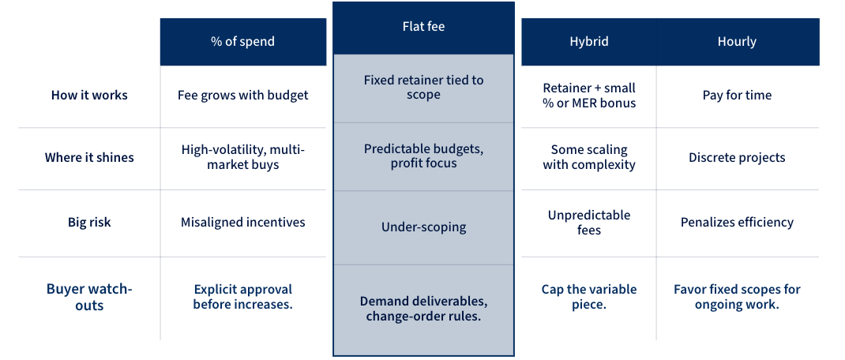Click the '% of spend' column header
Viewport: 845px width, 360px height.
[242, 42]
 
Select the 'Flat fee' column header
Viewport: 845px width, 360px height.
[423, 27]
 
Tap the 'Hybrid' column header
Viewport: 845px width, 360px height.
[589, 42]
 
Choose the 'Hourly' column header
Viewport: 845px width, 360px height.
[737, 42]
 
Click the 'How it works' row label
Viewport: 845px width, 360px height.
[89, 96]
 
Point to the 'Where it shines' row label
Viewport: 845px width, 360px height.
[89, 158]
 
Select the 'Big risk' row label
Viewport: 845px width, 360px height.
[89, 223]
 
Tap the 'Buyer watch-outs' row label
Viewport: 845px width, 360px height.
[89, 297]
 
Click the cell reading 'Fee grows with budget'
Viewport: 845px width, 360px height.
[242, 96]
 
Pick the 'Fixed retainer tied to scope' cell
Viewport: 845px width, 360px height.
[423, 87]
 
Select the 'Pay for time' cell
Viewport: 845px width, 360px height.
[737, 96]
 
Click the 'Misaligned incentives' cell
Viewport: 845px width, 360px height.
[242, 223]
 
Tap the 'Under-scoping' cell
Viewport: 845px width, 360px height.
[423, 227]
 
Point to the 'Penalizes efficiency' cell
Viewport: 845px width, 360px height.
[737, 223]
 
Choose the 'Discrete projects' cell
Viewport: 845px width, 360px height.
[737, 158]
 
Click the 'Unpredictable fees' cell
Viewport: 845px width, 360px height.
[589, 223]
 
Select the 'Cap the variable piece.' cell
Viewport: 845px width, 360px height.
[589, 297]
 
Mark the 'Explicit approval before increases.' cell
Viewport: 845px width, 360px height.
[242, 297]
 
